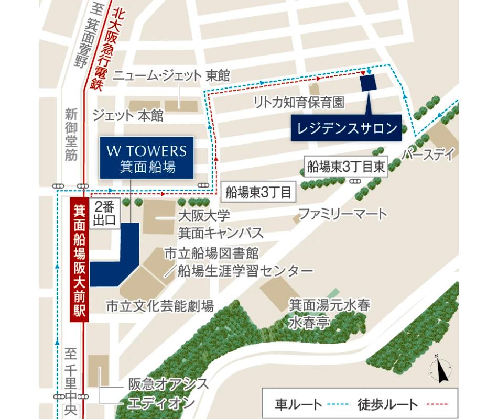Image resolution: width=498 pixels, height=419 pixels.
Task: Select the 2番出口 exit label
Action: pos(106,213)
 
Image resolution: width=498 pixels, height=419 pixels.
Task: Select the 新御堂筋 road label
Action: pos(71,134)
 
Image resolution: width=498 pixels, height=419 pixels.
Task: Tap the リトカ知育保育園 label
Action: pos(299,103)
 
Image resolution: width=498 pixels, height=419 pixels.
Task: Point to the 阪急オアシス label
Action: pos(168,383)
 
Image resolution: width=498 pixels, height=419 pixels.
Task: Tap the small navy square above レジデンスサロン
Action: pos(369,83)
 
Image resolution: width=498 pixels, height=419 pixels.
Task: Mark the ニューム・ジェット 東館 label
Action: pos(172,75)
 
